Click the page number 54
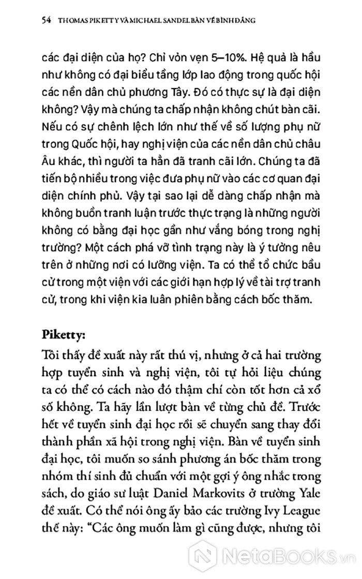click(x=35, y=21)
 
